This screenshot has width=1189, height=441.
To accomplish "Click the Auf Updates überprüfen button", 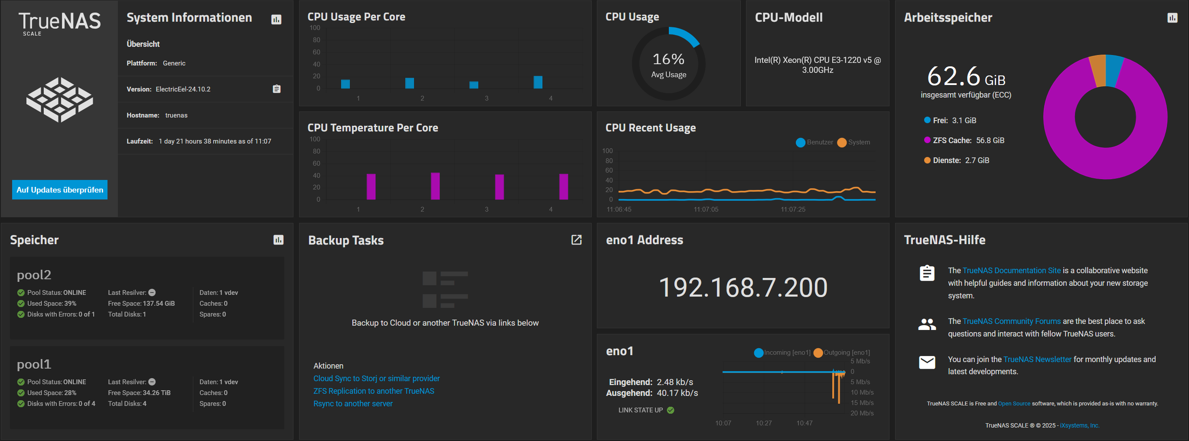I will coord(59,190).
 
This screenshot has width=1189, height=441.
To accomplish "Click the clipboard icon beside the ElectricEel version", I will coord(277,88).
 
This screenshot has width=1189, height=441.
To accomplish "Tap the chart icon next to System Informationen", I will coord(276,20).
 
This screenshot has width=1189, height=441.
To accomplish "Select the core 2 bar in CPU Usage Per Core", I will coord(410,83).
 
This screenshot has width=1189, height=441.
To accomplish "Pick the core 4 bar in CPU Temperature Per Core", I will coord(563,186).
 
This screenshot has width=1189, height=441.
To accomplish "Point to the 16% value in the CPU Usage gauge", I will coord(668,59).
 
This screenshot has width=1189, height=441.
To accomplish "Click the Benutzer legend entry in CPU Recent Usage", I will coord(814,142).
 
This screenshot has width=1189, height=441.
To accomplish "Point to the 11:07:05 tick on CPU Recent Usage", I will coord(706,209).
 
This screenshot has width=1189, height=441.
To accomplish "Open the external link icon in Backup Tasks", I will coord(576,240).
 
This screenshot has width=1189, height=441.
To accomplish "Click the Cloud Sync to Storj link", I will coord(376,378).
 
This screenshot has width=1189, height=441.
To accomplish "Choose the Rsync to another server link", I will coord(353,403).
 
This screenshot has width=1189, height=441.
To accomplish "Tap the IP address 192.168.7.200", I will coord(743,287).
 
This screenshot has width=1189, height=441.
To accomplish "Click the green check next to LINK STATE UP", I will coord(671,410).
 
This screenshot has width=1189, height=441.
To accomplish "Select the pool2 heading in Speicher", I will coord(34,275).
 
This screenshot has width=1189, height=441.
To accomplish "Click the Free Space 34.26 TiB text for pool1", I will coord(139,392).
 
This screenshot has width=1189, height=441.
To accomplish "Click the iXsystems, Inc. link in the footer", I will coord(1079,425).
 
